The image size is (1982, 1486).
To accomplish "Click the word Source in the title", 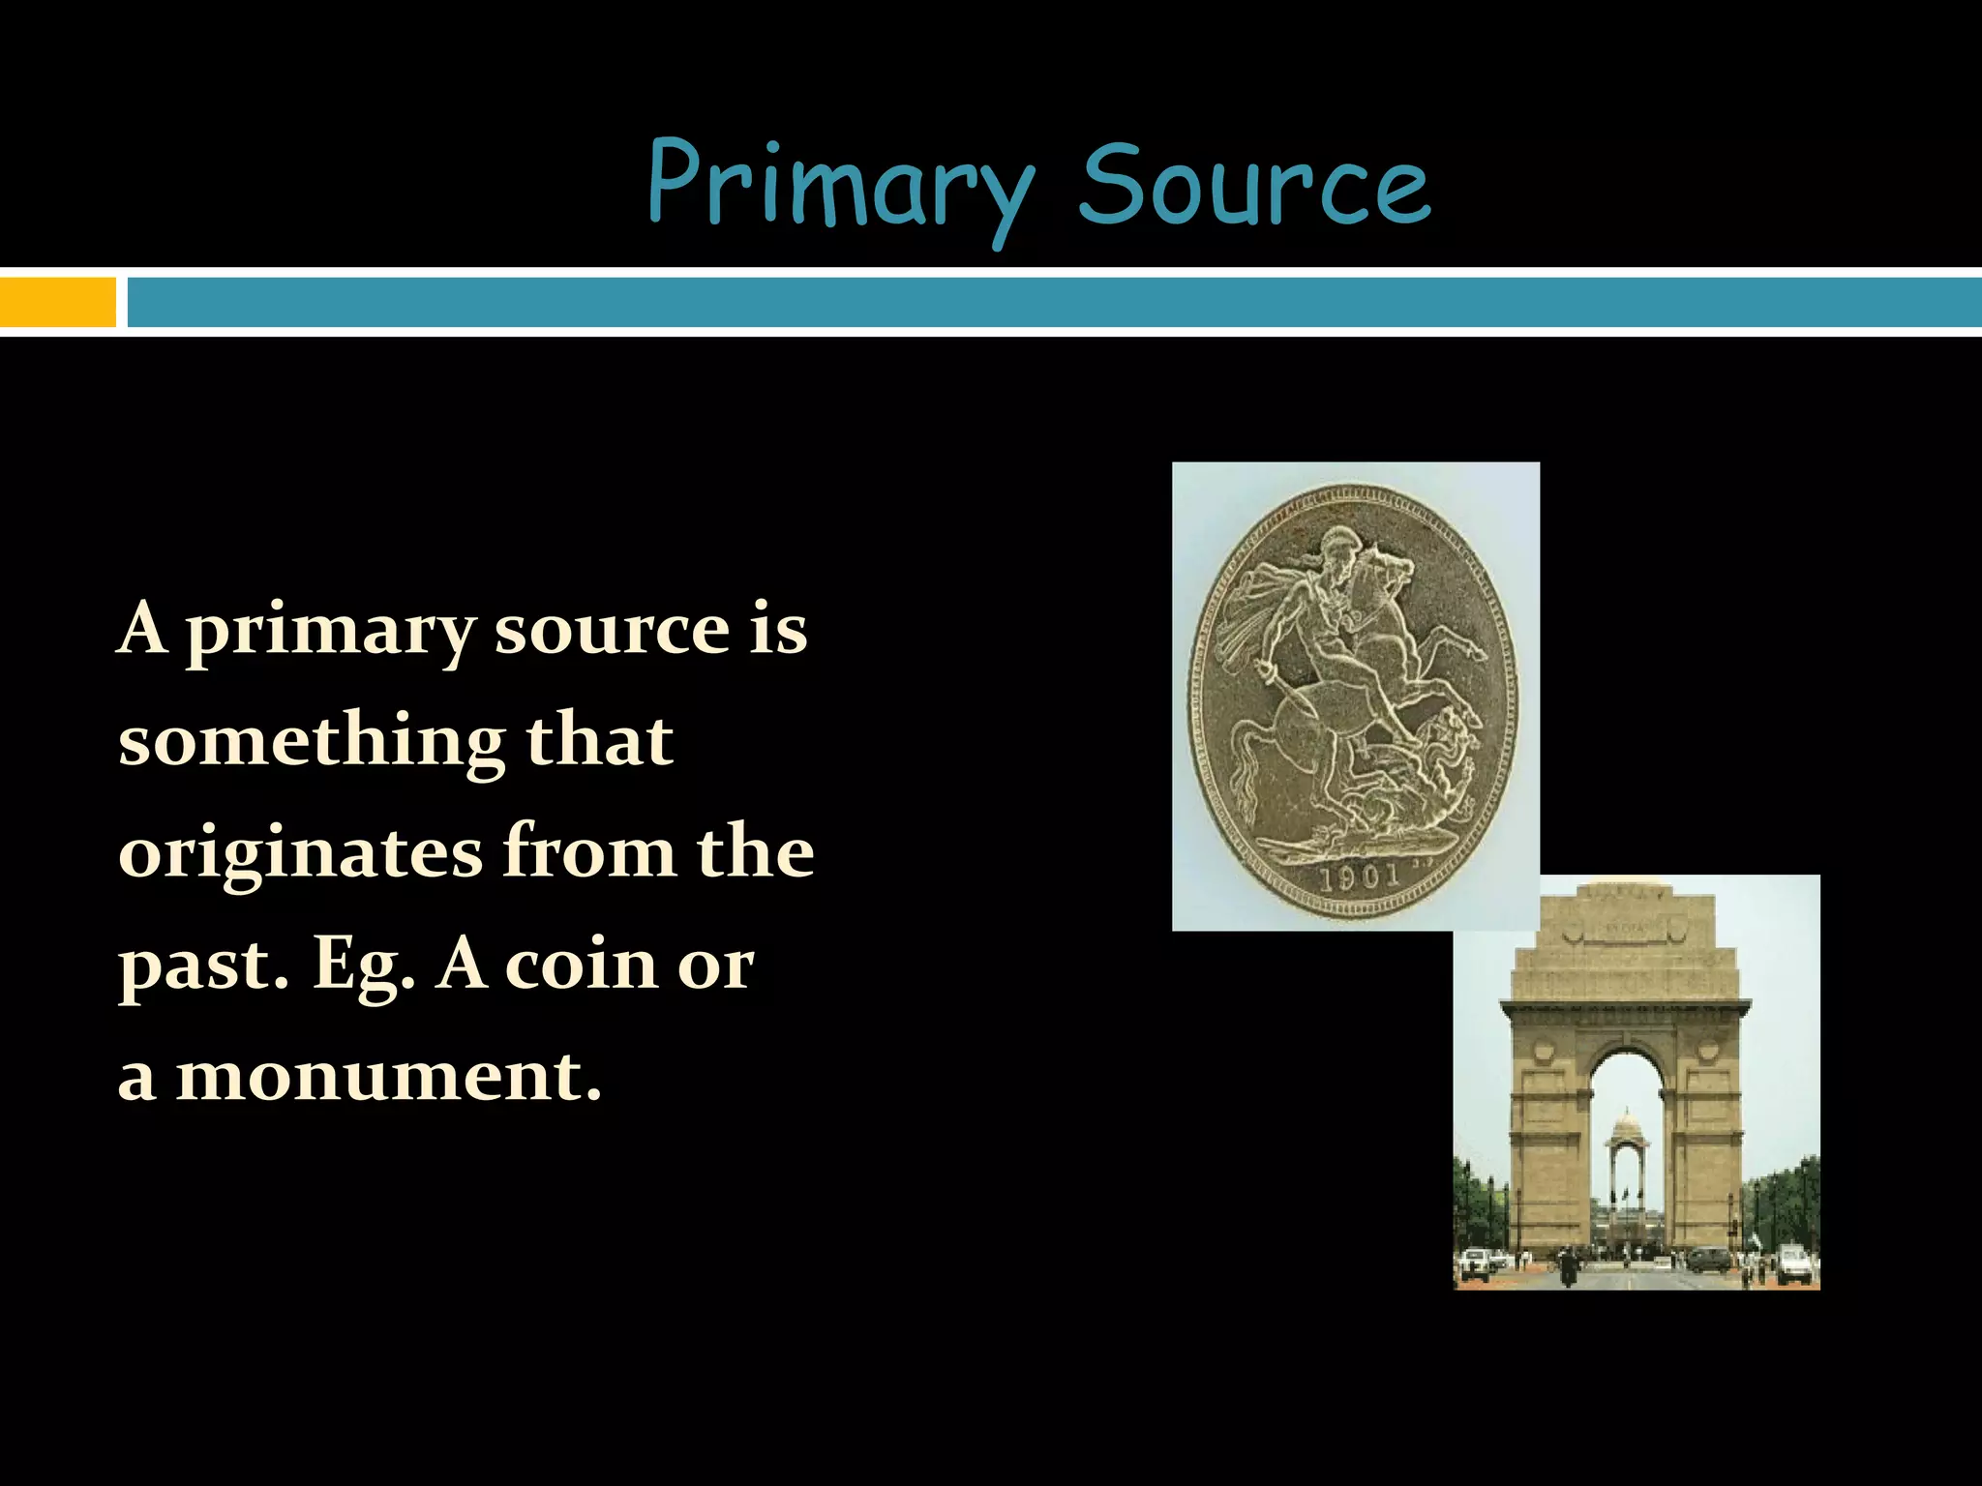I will [x=1254, y=184].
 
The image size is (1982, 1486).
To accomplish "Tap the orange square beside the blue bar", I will [x=58, y=302].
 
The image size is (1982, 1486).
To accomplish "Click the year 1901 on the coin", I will [x=1361, y=877].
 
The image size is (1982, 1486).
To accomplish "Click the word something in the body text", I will [x=312, y=743].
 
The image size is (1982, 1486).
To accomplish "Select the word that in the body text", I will [x=598, y=741].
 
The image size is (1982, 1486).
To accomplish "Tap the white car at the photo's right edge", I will [x=1792, y=1261].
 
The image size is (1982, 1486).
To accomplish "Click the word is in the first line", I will [x=778, y=629].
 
